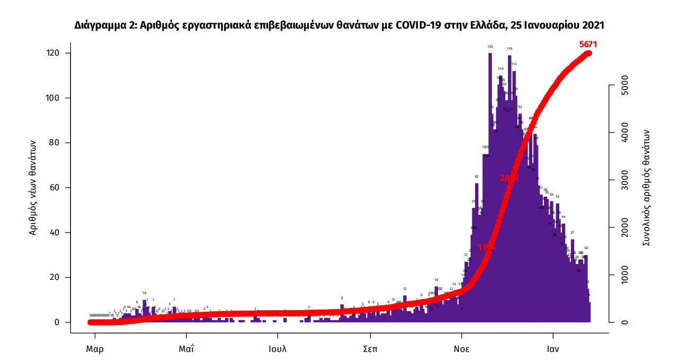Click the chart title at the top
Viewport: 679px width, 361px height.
339,25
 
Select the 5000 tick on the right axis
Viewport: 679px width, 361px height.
624,85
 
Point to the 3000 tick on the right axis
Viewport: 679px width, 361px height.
624,180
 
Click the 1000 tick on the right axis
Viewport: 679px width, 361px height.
624,275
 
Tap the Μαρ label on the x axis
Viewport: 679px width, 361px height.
95,349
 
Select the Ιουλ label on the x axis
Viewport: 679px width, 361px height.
278,349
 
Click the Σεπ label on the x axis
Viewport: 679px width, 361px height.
370,349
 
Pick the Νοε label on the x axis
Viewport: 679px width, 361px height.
461,349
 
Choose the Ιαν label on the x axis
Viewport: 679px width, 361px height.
553,349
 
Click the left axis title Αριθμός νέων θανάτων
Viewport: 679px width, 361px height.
33,188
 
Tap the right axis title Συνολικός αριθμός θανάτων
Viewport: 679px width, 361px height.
646,188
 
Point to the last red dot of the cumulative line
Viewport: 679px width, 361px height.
588,53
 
